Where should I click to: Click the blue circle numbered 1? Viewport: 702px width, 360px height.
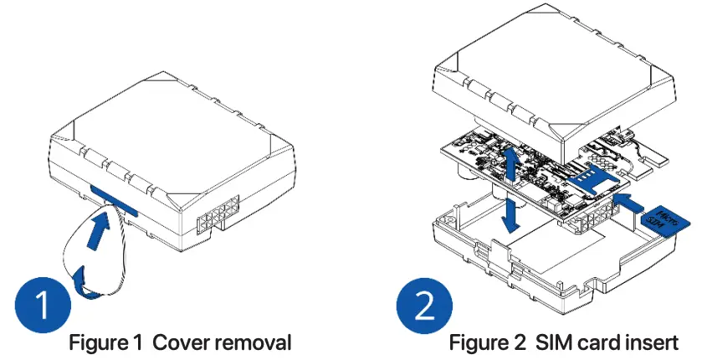[x=40, y=305]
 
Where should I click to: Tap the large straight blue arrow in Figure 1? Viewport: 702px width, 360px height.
[x=97, y=232]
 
